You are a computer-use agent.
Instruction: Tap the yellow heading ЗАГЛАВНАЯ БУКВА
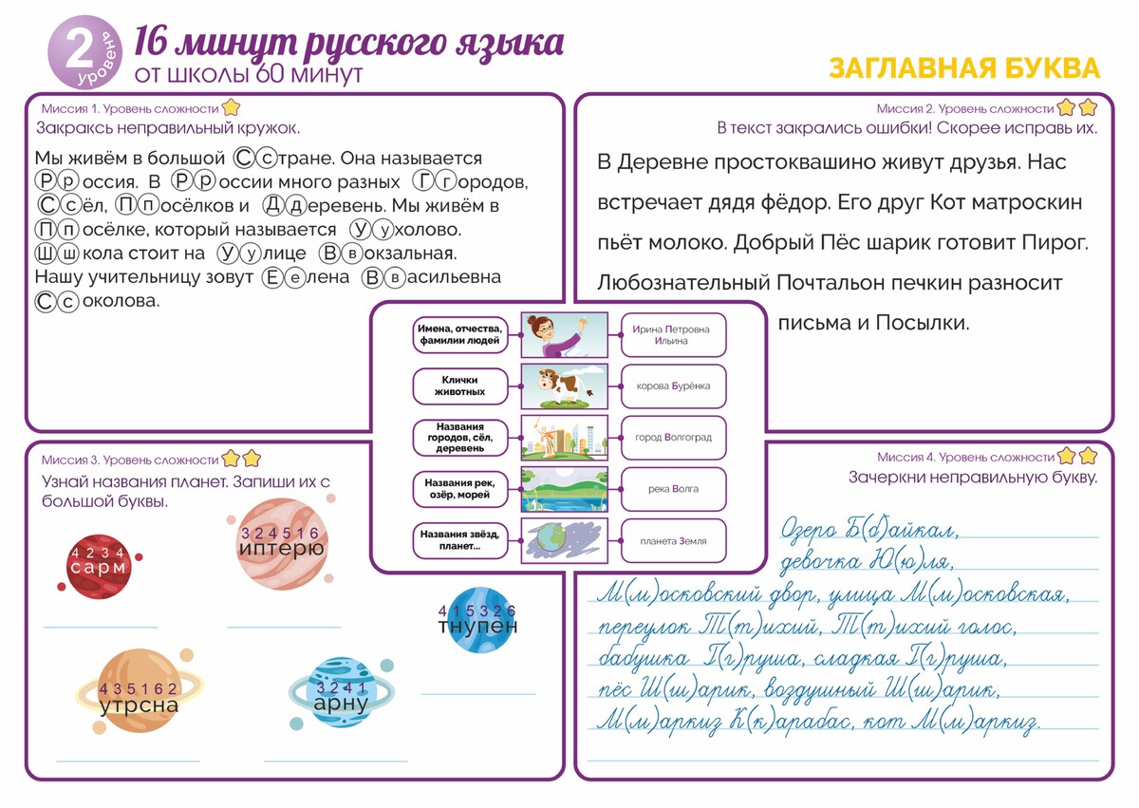[x=963, y=68]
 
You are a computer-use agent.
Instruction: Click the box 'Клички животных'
[x=459, y=385]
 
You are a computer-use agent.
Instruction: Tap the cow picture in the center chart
[x=565, y=386]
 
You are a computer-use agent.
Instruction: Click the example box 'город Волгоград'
[x=673, y=438]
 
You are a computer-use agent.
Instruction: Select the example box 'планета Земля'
[x=673, y=541]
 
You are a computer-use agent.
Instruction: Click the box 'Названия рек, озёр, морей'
[x=459, y=489]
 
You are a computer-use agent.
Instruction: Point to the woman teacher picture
[x=565, y=334]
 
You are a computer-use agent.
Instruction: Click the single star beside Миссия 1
[x=230, y=108]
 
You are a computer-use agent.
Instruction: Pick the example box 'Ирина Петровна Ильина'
[x=673, y=334]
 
